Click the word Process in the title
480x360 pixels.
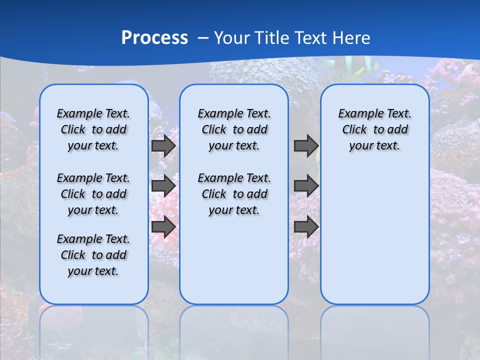pyautogui.click(x=154, y=37)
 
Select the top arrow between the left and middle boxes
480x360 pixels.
pyautogui.click(x=163, y=145)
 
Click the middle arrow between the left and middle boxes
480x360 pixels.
pyautogui.click(x=163, y=186)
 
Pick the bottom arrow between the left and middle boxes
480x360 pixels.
pyautogui.click(x=163, y=226)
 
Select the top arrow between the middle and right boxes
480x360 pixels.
pyautogui.click(x=306, y=145)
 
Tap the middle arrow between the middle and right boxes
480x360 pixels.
pyautogui.click(x=306, y=186)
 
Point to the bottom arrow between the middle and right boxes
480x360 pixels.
pyautogui.click(x=306, y=226)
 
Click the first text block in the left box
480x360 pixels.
pyautogui.click(x=93, y=129)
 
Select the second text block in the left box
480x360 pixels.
pyautogui.click(x=93, y=194)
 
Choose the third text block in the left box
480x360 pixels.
pyautogui.click(x=93, y=255)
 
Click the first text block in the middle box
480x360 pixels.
pyautogui.click(x=234, y=129)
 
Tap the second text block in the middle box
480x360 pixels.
pyautogui.click(x=234, y=194)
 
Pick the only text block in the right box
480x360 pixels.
pyautogui.click(x=374, y=129)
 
